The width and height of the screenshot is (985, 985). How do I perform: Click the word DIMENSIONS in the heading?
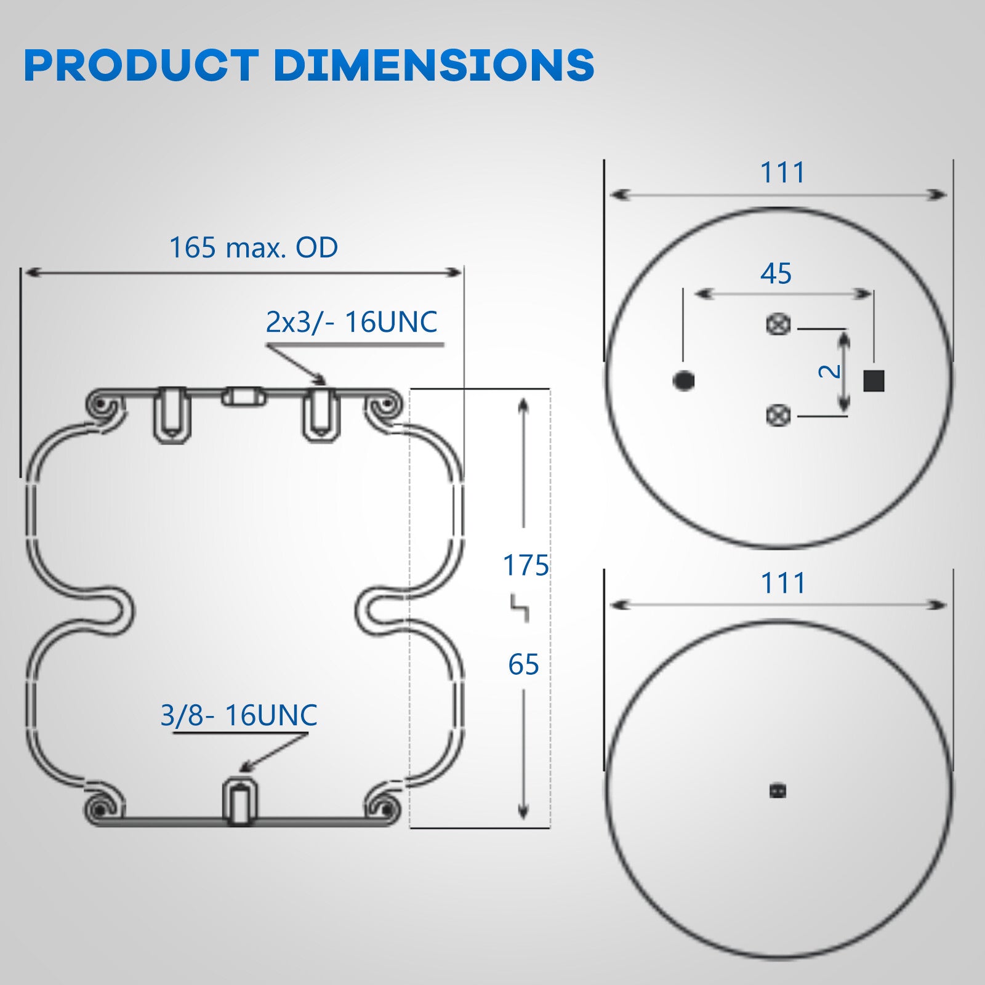pyautogui.click(x=433, y=65)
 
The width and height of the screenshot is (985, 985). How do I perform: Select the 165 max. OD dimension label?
pyautogui.click(x=253, y=248)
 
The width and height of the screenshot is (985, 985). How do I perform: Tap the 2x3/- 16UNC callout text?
pyautogui.click(x=351, y=322)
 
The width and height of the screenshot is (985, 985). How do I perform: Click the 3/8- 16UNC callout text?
pyautogui.click(x=238, y=715)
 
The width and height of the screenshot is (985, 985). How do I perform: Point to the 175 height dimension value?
pyautogui.click(x=525, y=565)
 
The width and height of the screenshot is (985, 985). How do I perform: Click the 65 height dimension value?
pyautogui.click(x=523, y=665)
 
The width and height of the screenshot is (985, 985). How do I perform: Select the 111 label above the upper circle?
pyautogui.click(x=782, y=173)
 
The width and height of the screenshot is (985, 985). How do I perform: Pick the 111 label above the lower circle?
pyautogui.click(x=782, y=584)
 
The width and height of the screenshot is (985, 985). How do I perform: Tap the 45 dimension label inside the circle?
pyautogui.click(x=776, y=274)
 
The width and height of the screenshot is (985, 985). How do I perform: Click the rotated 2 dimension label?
pyautogui.click(x=830, y=371)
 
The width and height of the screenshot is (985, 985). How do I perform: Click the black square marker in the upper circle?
pyautogui.click(x=874, y=381)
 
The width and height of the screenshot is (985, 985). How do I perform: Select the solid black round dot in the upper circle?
pyautogui.click(x=684, y=380)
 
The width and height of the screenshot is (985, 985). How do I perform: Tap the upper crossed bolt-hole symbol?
pyautogui.click(x=778, y=324)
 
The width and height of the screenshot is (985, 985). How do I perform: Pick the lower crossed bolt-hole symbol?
pyautogui.click(x=778, y=415)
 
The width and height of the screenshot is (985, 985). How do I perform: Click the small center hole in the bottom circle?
pyautogui.click(x=778, y=790)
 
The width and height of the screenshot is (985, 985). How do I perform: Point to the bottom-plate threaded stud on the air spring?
pyautogui.click(x=240, y=800)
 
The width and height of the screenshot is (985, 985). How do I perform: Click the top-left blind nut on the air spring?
pyautogui.click(x=171, y=414)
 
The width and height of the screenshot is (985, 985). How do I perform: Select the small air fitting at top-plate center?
pyautogui.click(x=244, y=396)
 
